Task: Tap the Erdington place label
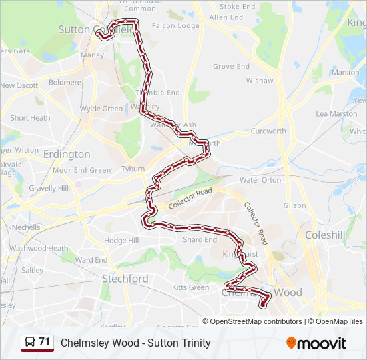tap(66, 154)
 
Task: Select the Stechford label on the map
tap(125, 279)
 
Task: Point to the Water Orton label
tap(260, 180)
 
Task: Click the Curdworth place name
tap(268, 131)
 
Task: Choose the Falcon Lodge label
tap(175, 26)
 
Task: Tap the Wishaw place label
tap(260, 81)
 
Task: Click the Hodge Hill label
tap(121, 240)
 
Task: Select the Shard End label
tap(200, 240)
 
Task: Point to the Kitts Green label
tap(190, 287)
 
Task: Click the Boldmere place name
tap(65, 82)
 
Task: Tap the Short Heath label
tap(30, 118)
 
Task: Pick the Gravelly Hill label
tap(49, 189)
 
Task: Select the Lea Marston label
tap(336, 114)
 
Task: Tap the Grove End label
tap(231, 67)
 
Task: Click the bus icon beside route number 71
tap(30, 343)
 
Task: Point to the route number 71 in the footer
tap(45, 342)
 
